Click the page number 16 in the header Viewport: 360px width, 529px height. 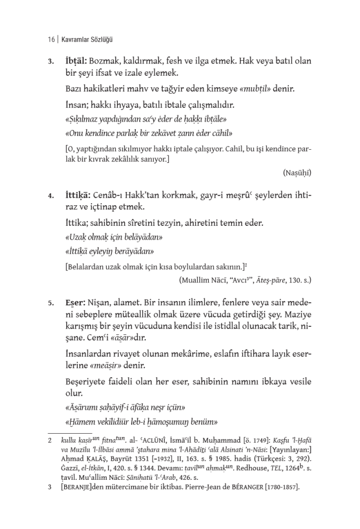click(x=51, y=39)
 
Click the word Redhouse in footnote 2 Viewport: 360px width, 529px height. click(x=244, y=469)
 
